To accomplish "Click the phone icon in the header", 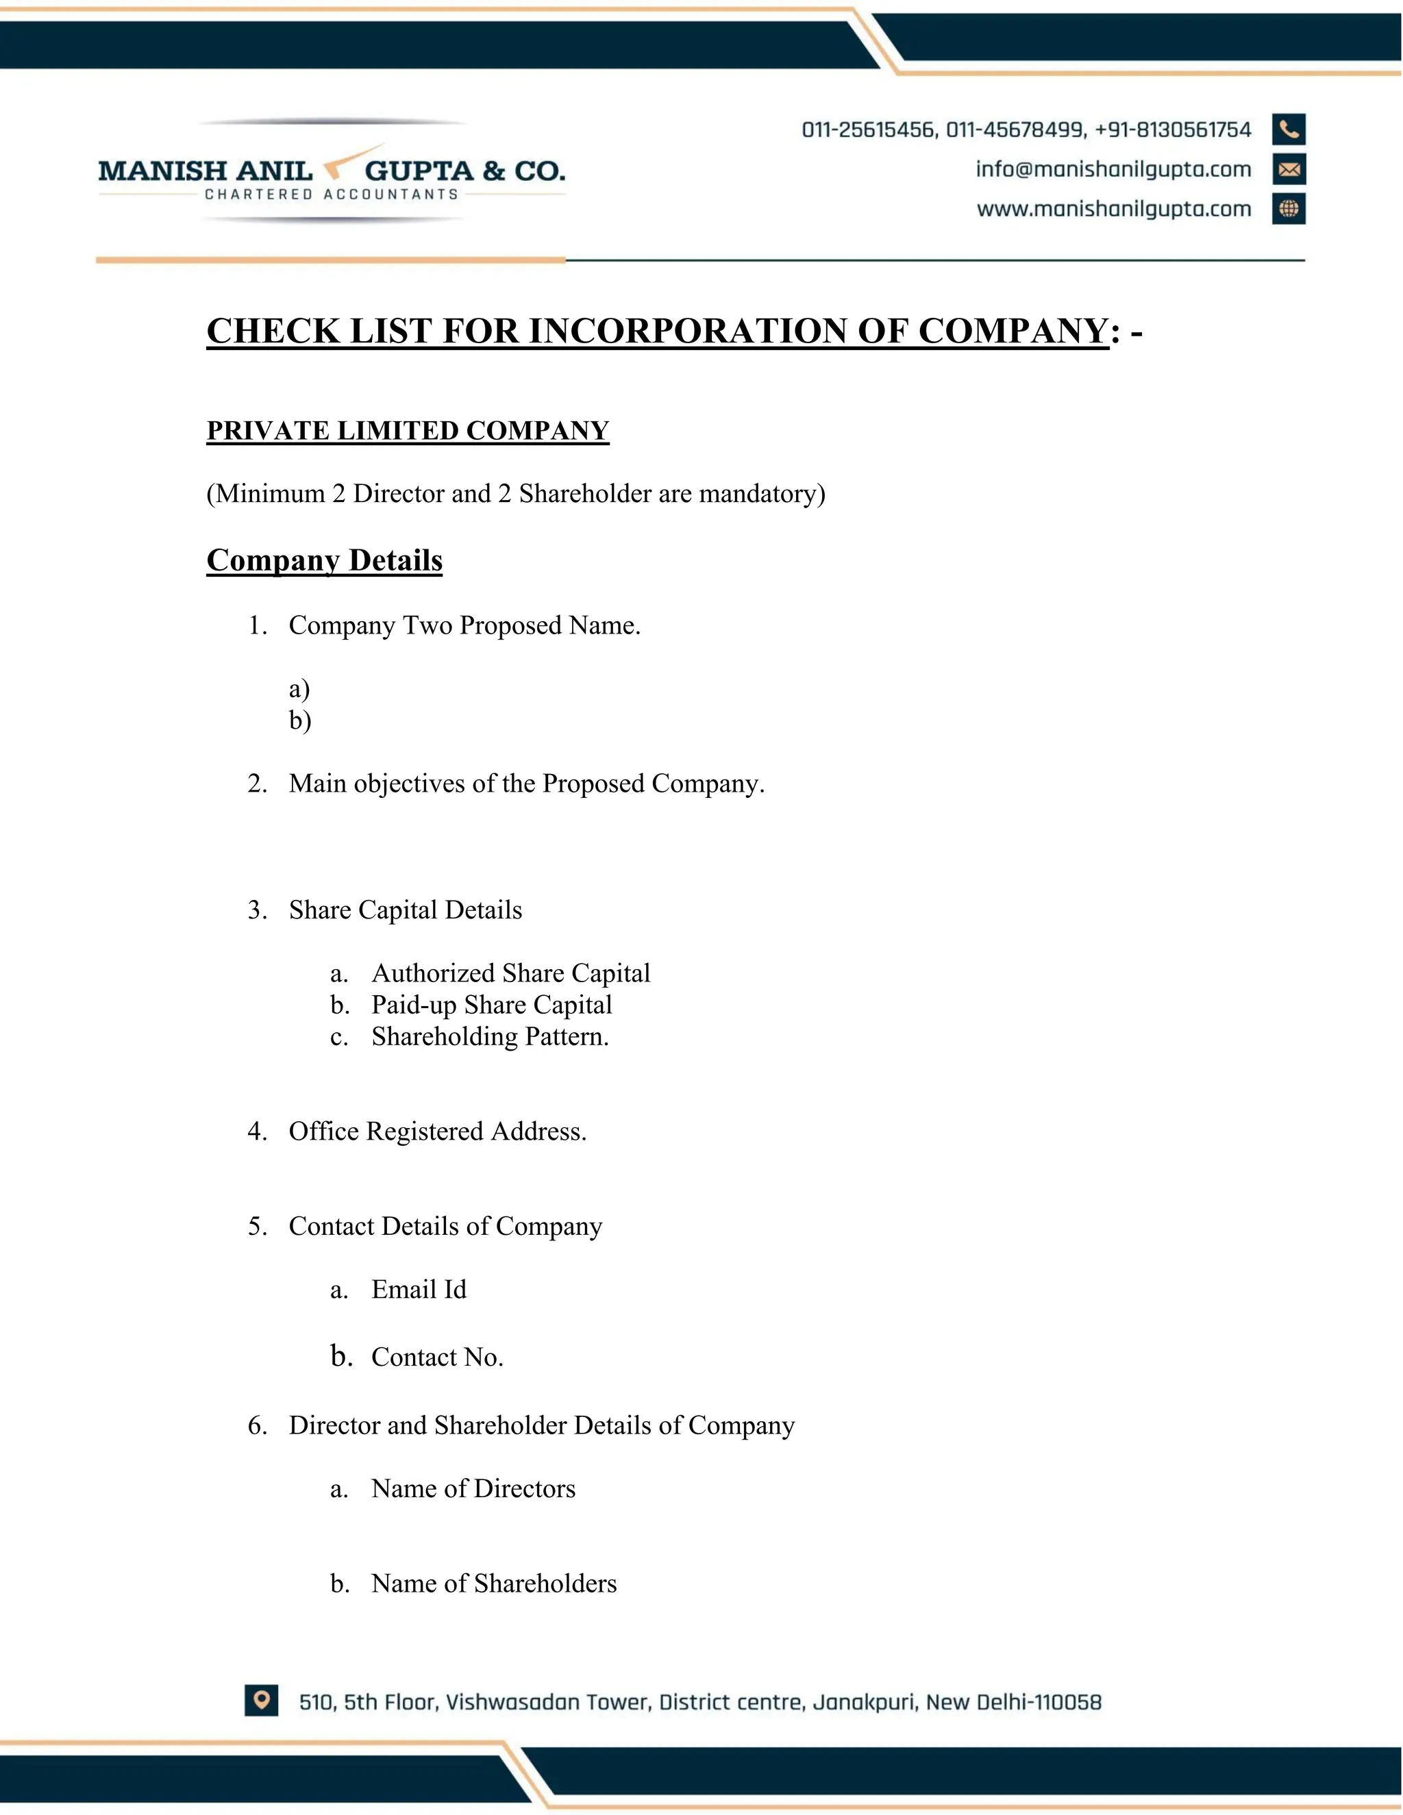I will click(1289, 129).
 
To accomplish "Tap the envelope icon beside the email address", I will click(1289, 170).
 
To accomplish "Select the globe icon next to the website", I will click(1289, 209).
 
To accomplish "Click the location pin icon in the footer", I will click(261, 1699).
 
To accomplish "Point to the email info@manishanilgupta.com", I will click(1113, 170).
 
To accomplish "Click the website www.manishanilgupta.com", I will click(1114, 209).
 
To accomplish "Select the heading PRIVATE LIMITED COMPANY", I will click(408, 431).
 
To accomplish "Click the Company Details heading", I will click(324, 560).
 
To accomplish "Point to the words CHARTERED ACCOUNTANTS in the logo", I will click(332, 195).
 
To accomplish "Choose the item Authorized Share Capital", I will click(510, 973).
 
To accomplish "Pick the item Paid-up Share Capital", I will click(491, 1004).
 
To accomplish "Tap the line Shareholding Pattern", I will click(490, 1036).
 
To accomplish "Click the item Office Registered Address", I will click(437, 1131).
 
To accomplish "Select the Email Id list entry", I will click(418, 1289).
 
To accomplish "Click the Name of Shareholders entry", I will click(494, 1583).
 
